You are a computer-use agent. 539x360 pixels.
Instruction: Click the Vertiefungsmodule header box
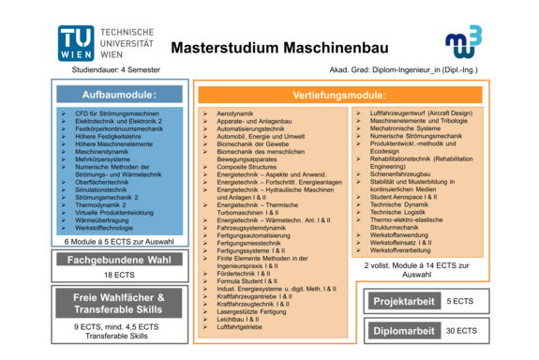[339, 96]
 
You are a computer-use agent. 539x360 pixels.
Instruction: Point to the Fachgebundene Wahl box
[120, 259]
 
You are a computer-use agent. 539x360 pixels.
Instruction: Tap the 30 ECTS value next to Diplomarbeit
[460, 330]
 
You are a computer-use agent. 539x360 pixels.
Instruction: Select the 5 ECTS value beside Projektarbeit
[460, 301]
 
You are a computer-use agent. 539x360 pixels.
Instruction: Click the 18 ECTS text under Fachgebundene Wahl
[120, 275]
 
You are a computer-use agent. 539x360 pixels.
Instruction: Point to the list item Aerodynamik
[235, 113]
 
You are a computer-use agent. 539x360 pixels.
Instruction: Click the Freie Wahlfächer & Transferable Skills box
[120, 304]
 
